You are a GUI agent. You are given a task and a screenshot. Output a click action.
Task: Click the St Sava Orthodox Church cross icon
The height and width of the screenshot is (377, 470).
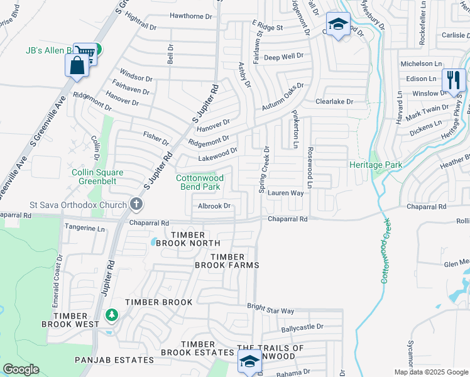[x=136, y=204]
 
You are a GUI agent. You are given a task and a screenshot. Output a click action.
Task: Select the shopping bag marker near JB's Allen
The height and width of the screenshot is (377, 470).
[x=77, y=65]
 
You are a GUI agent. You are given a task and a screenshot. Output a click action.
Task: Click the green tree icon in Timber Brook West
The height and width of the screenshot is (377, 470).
[x=111, y=314]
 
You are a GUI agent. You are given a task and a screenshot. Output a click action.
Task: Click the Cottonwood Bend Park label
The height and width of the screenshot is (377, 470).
[x=200, y=182]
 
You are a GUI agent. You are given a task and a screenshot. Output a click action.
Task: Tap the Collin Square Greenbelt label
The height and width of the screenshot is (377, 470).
[x=97, y=177]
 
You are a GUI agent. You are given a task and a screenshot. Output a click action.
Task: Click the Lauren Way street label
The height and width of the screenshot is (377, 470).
[x=286, y=194]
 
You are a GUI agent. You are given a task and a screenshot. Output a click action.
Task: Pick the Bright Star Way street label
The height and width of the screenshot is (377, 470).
[x=270, y=310]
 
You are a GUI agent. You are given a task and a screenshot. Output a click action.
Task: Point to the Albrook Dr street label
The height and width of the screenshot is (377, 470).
[x=216, y=206]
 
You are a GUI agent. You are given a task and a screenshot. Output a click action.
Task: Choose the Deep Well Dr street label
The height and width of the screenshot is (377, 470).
[x=284, y=57]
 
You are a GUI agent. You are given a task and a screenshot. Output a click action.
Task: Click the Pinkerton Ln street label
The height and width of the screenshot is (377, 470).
[x=295, y=130]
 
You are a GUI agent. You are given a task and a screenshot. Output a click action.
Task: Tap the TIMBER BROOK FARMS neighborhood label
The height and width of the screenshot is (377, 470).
[x=234, y=261]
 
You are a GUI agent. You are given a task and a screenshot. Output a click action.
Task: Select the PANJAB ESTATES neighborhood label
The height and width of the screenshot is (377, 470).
[x=114, y=360]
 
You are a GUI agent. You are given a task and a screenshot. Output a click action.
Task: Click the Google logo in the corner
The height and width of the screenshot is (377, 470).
[x=21, y=369]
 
